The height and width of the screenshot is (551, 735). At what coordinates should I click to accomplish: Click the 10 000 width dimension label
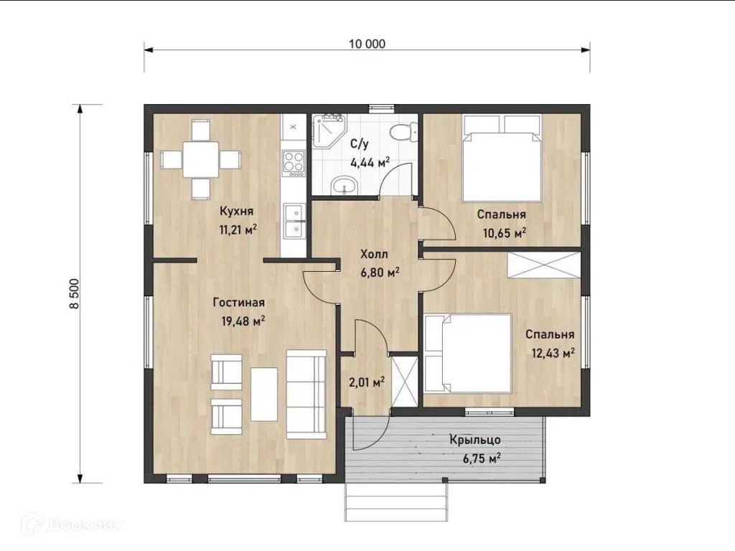pos(367,44)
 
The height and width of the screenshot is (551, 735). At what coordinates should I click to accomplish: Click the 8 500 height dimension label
pos(75,293)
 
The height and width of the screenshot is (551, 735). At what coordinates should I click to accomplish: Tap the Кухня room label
pos(236,212)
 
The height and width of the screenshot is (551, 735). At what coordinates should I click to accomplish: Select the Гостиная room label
pos(238,303)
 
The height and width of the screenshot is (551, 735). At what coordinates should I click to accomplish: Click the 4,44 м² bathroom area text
pos(370,163)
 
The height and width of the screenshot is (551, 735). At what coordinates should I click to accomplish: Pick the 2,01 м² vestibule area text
pos(367,382)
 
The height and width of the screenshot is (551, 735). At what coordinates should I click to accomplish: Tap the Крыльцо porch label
pos(475,440)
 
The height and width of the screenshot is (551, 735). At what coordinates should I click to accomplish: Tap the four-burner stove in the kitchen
pos(294,163)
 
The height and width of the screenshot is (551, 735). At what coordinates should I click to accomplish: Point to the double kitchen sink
pos(294,220)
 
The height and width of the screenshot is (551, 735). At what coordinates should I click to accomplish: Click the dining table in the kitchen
pos(201,159)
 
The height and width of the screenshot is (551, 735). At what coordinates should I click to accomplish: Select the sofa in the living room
pos(306,394)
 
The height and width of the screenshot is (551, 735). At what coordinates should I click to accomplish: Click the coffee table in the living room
pos(264,394)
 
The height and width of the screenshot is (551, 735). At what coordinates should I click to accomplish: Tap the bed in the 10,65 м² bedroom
pos(501,159)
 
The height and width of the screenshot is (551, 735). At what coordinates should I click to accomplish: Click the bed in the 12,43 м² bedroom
pos(468,353)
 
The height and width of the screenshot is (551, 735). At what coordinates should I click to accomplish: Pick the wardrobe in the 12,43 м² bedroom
pos(544,265)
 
